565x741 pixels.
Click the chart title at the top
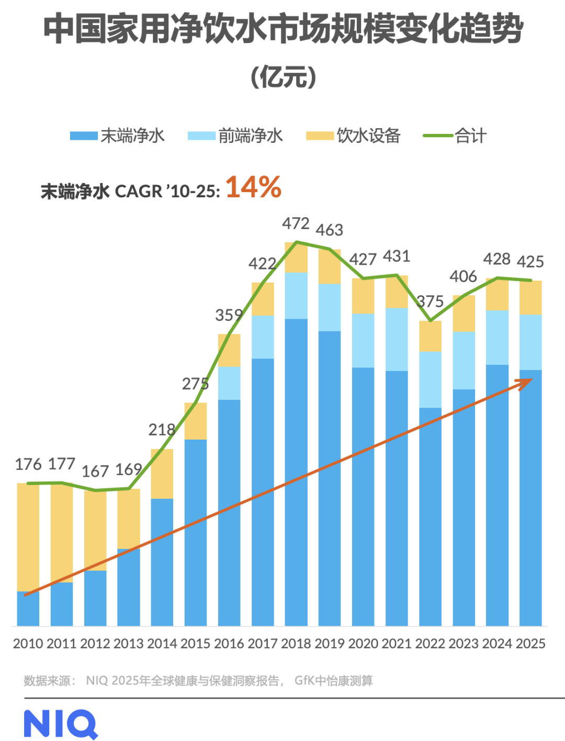(282, 28)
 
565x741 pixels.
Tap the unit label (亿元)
(283, 77)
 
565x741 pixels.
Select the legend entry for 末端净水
(118, 136)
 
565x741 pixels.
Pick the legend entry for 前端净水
(235, 136)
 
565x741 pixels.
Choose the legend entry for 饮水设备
(354, 136)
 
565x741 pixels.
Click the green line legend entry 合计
(455, 136)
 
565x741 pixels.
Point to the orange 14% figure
(254, 187)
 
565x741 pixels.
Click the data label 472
(296, 223)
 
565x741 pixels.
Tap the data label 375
(431, 301)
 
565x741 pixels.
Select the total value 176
(28, 464)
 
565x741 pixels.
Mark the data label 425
(530, 262)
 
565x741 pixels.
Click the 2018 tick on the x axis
(296, 644)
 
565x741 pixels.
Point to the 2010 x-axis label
(28, 644)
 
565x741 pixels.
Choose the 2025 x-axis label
(530, 644)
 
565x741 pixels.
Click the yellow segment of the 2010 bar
(28, 536)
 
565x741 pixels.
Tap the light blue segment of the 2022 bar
(430, 379)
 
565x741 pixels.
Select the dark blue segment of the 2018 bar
(296, 471)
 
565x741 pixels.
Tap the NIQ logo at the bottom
(61, 724)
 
